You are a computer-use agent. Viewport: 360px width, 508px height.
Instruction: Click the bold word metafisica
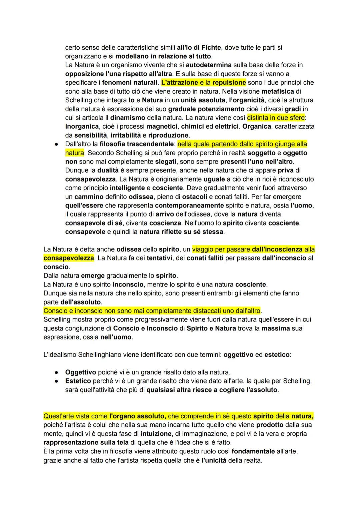(278, 91)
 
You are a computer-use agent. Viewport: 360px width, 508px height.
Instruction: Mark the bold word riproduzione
(168, 135)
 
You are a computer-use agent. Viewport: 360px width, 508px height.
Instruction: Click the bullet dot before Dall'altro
(57, 144)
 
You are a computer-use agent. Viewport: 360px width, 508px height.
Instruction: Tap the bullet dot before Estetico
(57, 381)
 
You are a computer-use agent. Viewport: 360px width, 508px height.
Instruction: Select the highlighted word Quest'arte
(59, 416)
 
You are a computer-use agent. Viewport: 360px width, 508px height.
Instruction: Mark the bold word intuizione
(156, 434)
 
